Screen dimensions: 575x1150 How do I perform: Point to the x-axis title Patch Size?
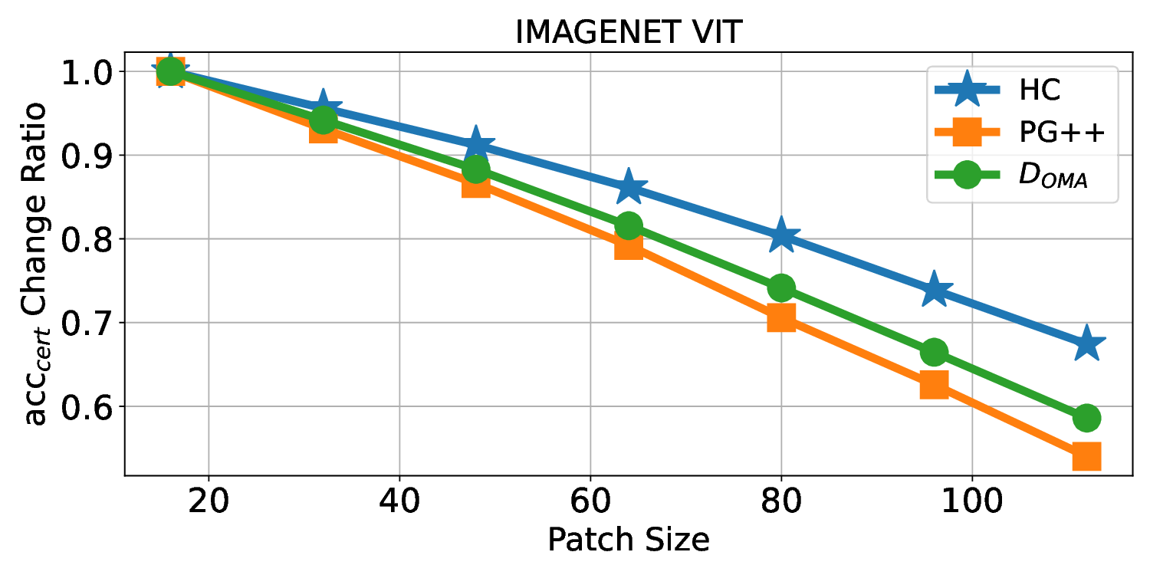pos(628,540)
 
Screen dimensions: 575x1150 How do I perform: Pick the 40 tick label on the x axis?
pos(399,502)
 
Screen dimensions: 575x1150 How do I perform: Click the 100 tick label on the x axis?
pos(972,502)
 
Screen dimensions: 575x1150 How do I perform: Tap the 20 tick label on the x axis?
pos(209,502)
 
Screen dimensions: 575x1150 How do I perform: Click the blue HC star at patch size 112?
pos(1086,345)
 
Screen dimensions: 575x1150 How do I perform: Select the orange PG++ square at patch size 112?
pos(1086,456)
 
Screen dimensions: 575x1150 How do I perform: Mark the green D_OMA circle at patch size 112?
pos(1086,418)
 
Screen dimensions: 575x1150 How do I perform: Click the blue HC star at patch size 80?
pos(781,235)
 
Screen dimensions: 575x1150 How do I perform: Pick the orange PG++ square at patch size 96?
pos(934,384)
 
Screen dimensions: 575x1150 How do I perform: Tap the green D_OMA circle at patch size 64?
pos(629,225)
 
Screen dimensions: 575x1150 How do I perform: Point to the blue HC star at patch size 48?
pos(476,144)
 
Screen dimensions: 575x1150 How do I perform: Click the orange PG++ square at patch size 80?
pos(781,317)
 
